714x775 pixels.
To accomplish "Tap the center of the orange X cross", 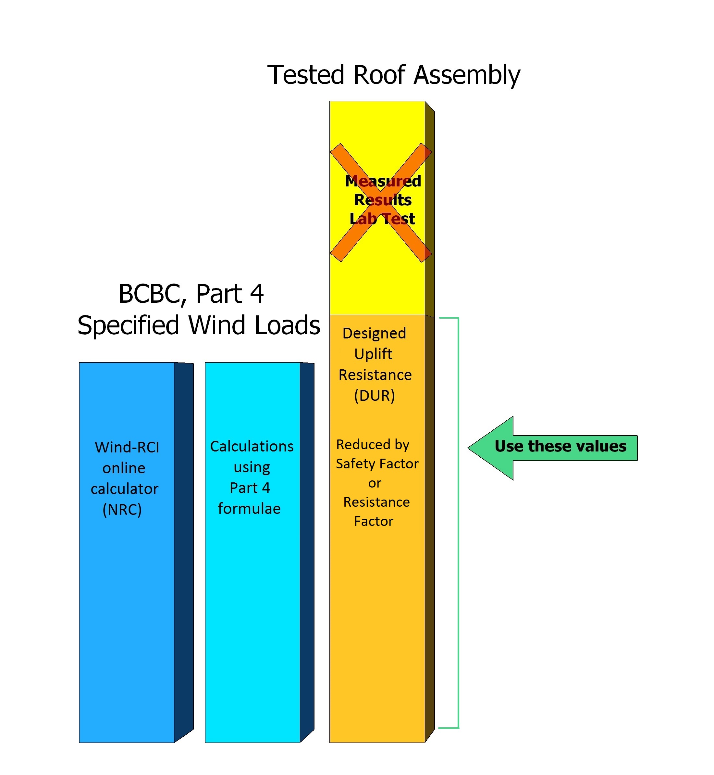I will pyautogui.click(x=381, y=203).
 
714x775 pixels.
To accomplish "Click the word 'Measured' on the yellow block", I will pyautogui.click(x=383, y=181).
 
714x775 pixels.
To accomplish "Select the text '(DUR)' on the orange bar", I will pyautogui.click(x=375, y=396).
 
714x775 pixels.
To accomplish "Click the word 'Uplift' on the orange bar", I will pyautogui.click(x=373, y=354).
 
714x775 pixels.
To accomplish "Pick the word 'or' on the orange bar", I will pyautogui.click(x=375, y=483).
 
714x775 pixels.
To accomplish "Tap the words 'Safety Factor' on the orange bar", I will pyautogui.click(x=377, y=464).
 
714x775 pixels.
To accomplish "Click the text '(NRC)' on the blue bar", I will pyautogui.click(x=122, y=510).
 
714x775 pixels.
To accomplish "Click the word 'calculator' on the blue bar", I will pyautogui.click(x=124, y=489).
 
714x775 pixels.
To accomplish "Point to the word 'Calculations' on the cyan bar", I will pyautogui.click(x=252, y=447).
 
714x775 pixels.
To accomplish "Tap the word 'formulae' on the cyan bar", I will pyautogui.click(x=249, y=509).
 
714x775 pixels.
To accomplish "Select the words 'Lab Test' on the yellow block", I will pyautogui.click(x=382, y=219).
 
